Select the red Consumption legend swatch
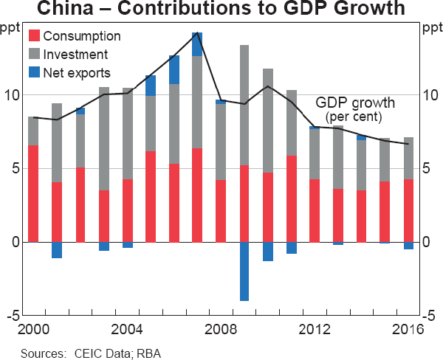coord(34,35)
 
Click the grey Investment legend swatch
coord(34,54)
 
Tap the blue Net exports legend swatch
coord(34,72)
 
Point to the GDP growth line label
coord(355,103)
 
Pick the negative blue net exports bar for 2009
coord(244,271)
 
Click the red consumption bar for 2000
coord(32,193)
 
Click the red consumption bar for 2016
coord(409,210)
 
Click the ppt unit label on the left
coord(10,29)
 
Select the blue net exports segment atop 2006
coord(174,70)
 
